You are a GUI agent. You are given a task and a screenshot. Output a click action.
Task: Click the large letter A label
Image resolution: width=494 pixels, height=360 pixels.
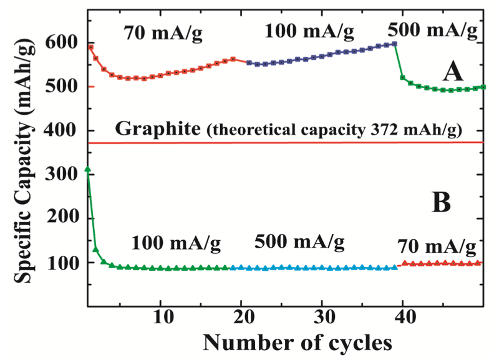[452, 72]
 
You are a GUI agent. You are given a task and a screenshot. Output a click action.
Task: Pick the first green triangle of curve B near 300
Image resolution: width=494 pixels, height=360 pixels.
[88, 169]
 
